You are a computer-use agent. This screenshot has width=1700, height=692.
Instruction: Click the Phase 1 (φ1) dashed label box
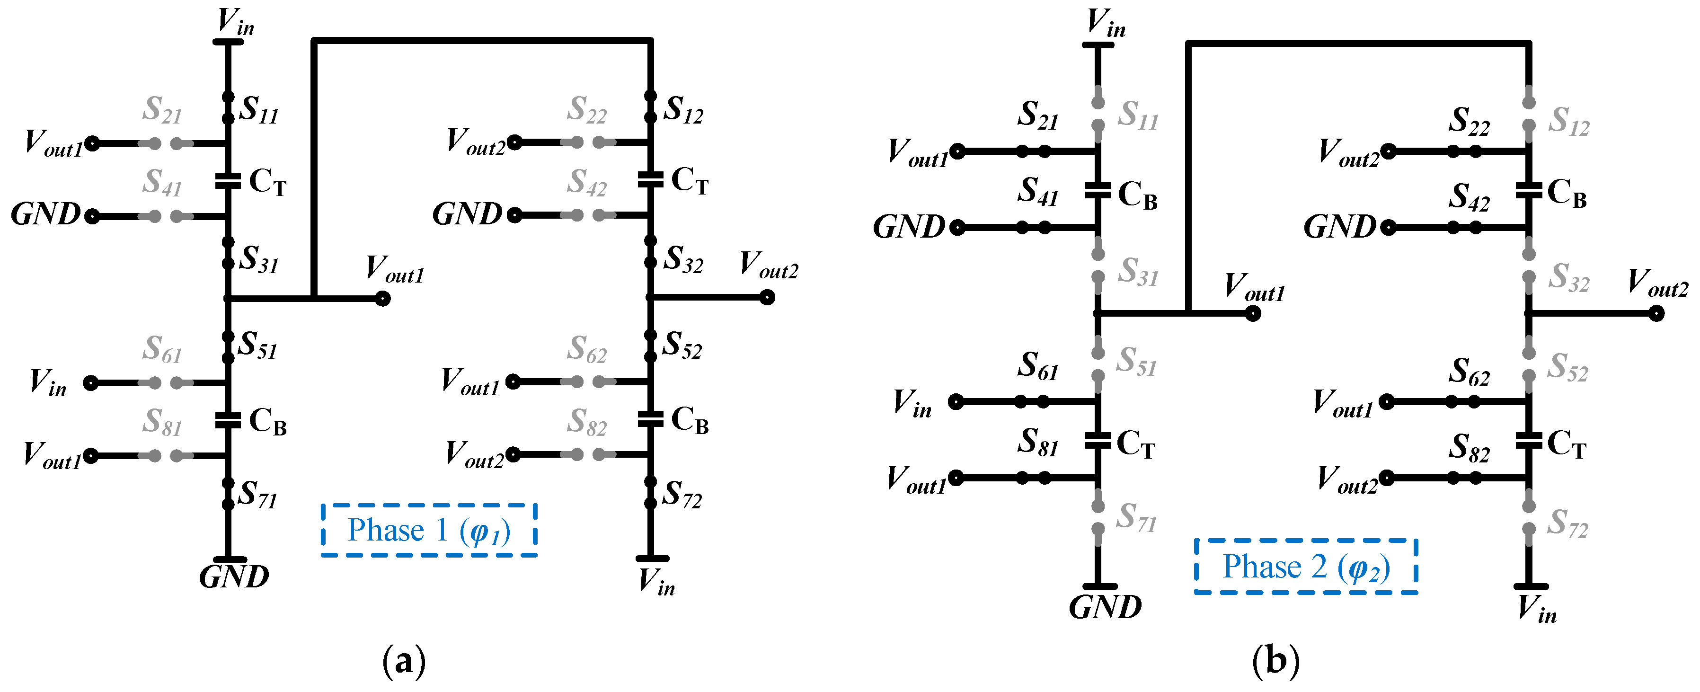click(x=429, y=530)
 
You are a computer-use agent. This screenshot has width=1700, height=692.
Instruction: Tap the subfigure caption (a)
click(x=404, y=661)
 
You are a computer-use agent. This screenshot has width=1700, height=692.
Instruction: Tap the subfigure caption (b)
click(x=1275, y=661)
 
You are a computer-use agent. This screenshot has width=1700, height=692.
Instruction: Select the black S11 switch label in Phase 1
click(x=259, y=110)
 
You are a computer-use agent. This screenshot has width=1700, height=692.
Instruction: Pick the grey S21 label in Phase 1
click(x=162, y=110)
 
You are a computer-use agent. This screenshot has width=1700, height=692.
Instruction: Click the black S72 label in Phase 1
click(x=682, y=495)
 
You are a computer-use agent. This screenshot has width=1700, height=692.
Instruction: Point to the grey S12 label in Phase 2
click(x=1569, y=122)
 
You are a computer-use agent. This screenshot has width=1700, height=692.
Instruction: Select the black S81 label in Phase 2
click(x=1037, y=443)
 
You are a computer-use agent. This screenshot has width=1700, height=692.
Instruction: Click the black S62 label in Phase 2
click(x=1469, y=373)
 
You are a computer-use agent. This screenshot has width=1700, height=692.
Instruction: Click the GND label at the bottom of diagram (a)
click(x=234, y=577)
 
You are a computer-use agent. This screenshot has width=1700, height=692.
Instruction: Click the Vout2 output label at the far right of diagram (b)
click(x=1657, y=283)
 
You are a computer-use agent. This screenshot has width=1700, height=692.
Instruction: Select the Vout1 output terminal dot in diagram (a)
click(x=383, y=299)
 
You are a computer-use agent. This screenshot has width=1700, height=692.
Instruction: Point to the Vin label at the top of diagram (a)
click(x=236, y=22)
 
